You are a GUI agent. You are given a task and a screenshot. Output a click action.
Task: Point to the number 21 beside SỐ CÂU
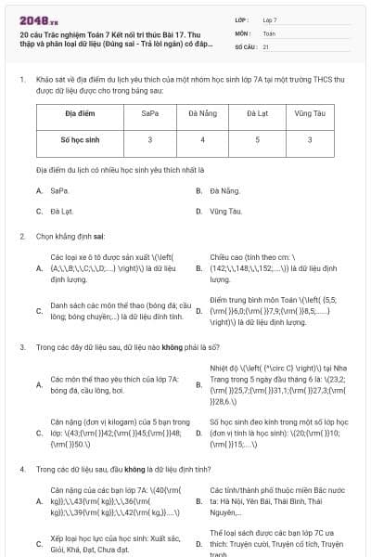click(x=266, y=45)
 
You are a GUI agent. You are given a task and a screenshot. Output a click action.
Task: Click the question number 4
click(x=22, y=469)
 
